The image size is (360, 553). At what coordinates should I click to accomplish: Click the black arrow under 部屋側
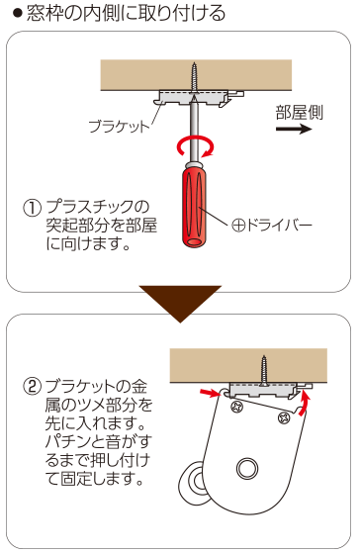294,129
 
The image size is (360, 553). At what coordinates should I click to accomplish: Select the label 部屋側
299,113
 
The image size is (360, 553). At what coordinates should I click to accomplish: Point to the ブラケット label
119,127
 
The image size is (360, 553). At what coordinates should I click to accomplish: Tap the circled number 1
32,208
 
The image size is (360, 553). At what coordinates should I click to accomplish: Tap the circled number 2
32,387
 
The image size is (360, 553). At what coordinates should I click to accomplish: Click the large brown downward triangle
180,304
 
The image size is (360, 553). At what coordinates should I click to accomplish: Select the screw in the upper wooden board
194,79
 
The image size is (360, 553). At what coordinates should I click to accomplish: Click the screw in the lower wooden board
263,370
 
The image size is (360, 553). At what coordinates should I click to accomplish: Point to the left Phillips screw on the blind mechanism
237,407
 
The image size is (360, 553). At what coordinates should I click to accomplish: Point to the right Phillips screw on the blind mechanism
284,417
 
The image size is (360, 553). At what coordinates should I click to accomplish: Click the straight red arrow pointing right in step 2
210,393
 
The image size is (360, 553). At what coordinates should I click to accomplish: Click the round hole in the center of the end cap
247,469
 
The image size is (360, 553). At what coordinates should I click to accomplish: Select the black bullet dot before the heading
17,14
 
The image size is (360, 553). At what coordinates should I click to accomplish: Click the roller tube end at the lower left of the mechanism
192,481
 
